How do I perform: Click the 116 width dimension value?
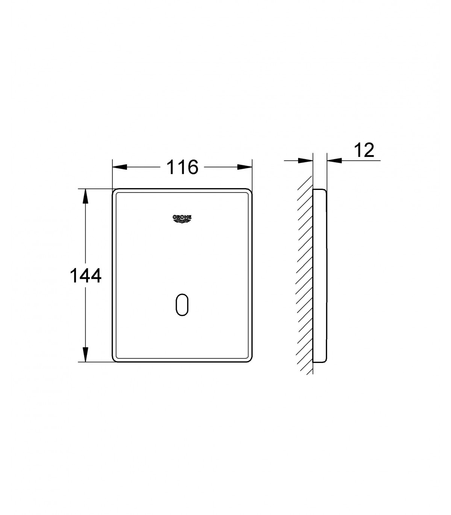click(182, 167)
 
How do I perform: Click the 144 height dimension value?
click(85, 276)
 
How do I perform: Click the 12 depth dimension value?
click(364, 150)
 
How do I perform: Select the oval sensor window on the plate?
click(182, 304)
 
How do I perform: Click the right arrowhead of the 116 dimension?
click(245, 167)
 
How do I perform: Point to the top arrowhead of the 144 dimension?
click(85, 196)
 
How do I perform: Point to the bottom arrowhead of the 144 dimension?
click(85, 355)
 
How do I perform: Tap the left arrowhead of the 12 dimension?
click(306, 160)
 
